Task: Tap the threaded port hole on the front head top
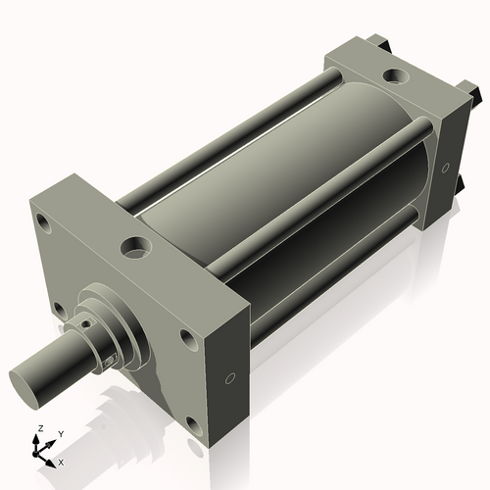135,245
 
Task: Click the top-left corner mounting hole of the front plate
44,223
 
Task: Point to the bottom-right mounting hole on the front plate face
191,424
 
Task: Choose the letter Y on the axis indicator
60,433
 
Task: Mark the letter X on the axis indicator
61,461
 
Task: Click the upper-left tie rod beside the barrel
225,137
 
